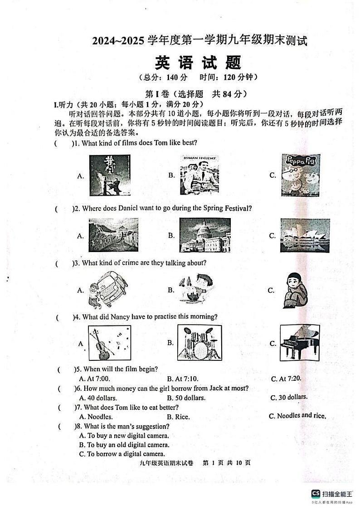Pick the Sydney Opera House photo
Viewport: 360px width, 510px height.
305,235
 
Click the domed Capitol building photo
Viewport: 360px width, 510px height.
204,235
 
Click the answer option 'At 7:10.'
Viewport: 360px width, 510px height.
183,379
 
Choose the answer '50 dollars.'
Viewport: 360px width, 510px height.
186,398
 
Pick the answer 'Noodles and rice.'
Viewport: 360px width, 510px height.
297,416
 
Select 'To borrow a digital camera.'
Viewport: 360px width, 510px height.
122,454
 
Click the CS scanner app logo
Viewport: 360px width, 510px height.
315,494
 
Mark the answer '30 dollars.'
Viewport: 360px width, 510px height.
289,398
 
